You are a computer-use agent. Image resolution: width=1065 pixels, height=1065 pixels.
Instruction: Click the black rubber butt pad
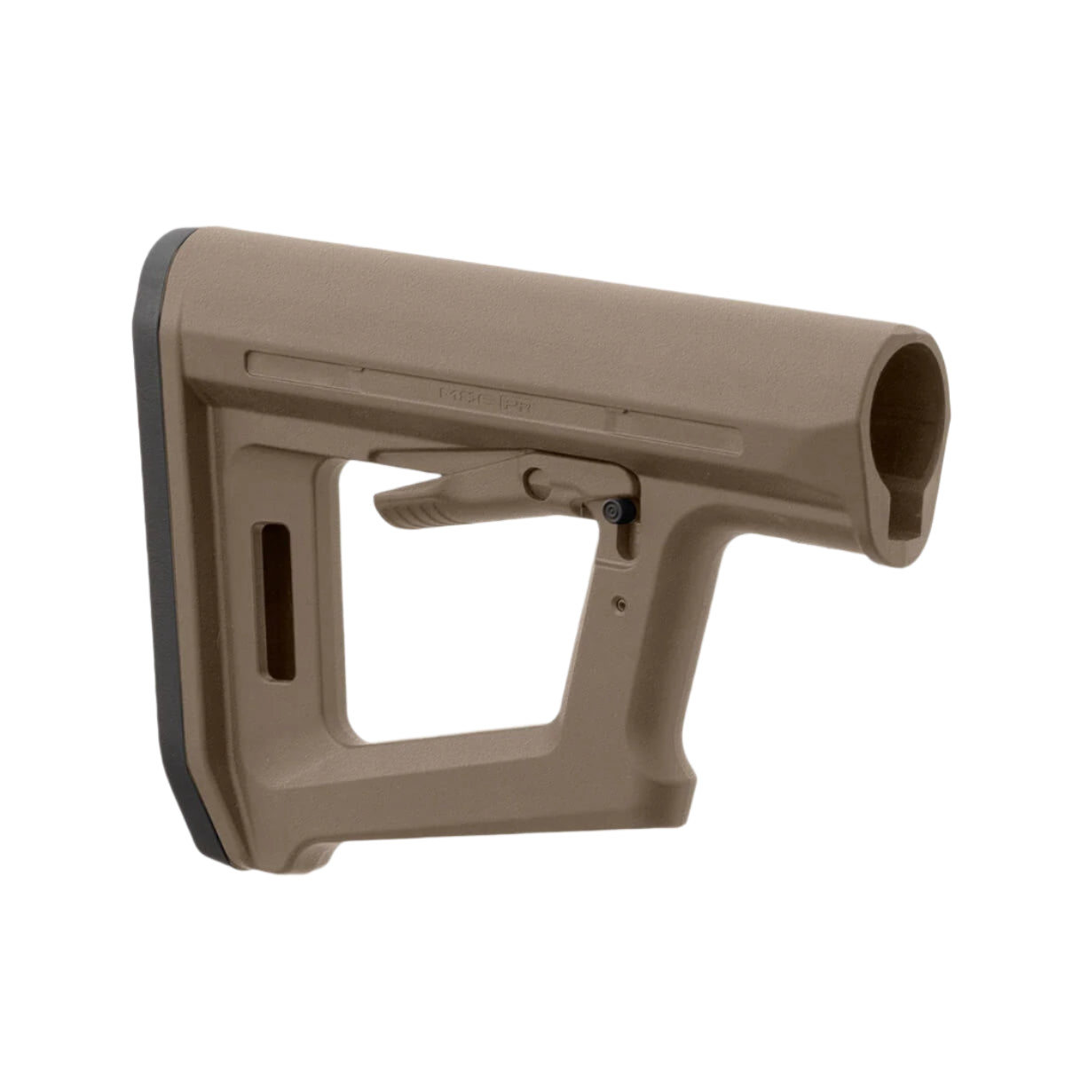pos(160,532)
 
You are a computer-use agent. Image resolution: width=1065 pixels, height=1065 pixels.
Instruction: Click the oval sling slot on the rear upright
pos(277,602)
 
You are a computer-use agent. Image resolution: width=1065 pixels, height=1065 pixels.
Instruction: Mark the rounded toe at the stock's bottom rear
pos(302,852)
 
